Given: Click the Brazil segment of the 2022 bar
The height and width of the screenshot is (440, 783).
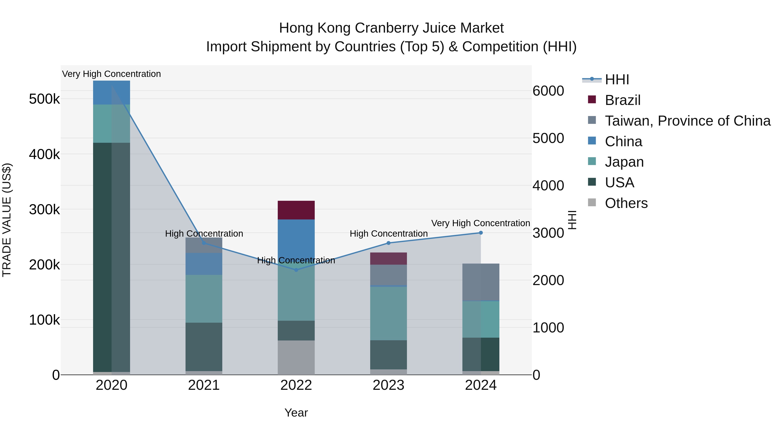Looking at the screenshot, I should click(x=296, y=210).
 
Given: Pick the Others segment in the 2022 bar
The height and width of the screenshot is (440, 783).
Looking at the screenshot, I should click(x=296, y=357).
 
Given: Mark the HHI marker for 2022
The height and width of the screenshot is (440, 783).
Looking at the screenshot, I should click(x=296, y=270).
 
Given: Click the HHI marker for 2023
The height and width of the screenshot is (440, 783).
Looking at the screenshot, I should click(x=388, y=243).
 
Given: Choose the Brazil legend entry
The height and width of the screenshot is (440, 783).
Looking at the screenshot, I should click(x=622, y=100).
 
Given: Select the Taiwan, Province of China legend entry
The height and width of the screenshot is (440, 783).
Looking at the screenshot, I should click(x=687, y=121).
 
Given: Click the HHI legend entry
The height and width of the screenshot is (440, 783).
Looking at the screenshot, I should click(x=616, y=80).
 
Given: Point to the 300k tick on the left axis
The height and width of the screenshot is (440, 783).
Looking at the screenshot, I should click(x=44, y=209).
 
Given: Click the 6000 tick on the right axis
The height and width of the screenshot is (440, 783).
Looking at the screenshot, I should click(x=548, y=91).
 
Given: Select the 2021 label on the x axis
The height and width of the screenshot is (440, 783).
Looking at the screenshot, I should click(x=204, y=385).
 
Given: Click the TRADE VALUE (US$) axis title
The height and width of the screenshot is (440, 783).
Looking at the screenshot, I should click(x=7, y=220).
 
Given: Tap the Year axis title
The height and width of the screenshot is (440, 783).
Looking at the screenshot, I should click(x=296, y=413).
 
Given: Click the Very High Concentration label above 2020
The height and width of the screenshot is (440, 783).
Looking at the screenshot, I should click(x=111, y=74).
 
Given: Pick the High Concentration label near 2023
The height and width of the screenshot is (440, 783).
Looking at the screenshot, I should click(x=388, y=234).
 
